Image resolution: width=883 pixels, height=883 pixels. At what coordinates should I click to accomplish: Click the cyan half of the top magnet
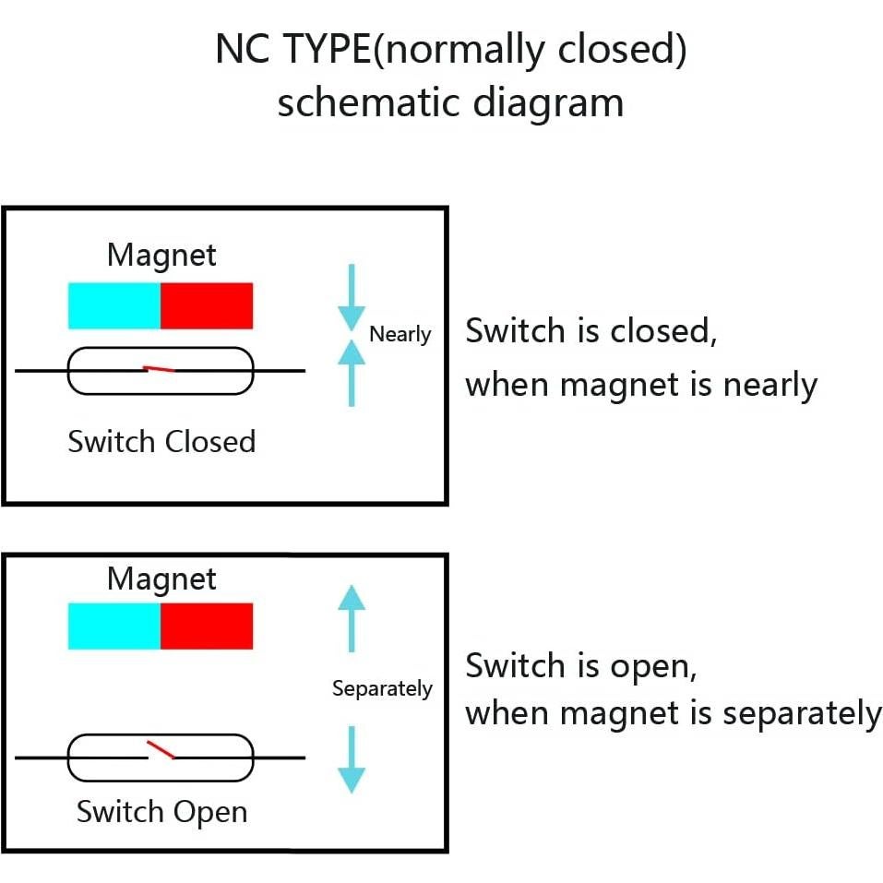click(x=114, y=306)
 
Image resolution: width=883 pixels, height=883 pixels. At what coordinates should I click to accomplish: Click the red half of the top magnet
click(x=207, y=306)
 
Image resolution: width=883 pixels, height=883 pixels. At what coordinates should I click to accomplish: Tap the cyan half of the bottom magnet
click(x=114, y=626)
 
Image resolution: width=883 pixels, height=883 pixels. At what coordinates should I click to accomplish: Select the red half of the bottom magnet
click(x=207, y=626)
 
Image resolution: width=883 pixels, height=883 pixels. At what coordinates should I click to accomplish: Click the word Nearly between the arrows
click(x=400, y=334)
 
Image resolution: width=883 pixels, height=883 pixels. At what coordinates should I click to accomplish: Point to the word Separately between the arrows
click(x=382, y=688)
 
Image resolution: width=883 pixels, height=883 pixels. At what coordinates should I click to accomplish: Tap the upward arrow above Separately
click(x=352, y=617)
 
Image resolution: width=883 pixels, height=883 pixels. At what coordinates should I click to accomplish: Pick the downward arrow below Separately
click(x=352, y=759)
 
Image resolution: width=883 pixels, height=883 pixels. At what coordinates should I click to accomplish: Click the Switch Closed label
click(x=161, y=442)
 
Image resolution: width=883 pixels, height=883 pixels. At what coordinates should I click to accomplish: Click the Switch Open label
click(x=161, y=812)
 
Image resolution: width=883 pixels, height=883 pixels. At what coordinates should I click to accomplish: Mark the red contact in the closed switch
click(x=160, y=369)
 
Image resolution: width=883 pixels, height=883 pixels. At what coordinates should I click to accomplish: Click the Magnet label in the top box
click(x=161, y=255)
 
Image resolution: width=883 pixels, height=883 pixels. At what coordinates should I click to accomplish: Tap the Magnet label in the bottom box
click(x=161, y=579)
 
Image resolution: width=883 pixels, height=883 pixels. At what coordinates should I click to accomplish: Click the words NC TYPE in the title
click(x=293, y=50)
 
